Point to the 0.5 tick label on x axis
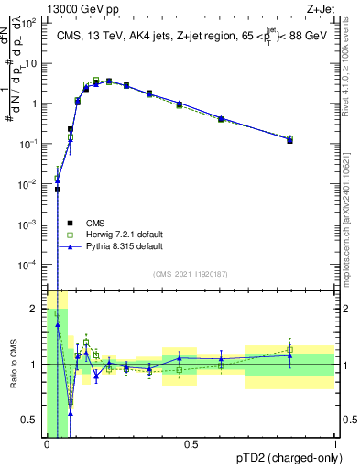click(x=190, y=445)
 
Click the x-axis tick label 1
click(x=335, y=445)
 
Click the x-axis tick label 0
click(x=47, y=445)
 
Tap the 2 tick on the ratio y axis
click(x=34, y=308)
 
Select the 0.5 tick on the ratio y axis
click(x=30, y=420)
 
